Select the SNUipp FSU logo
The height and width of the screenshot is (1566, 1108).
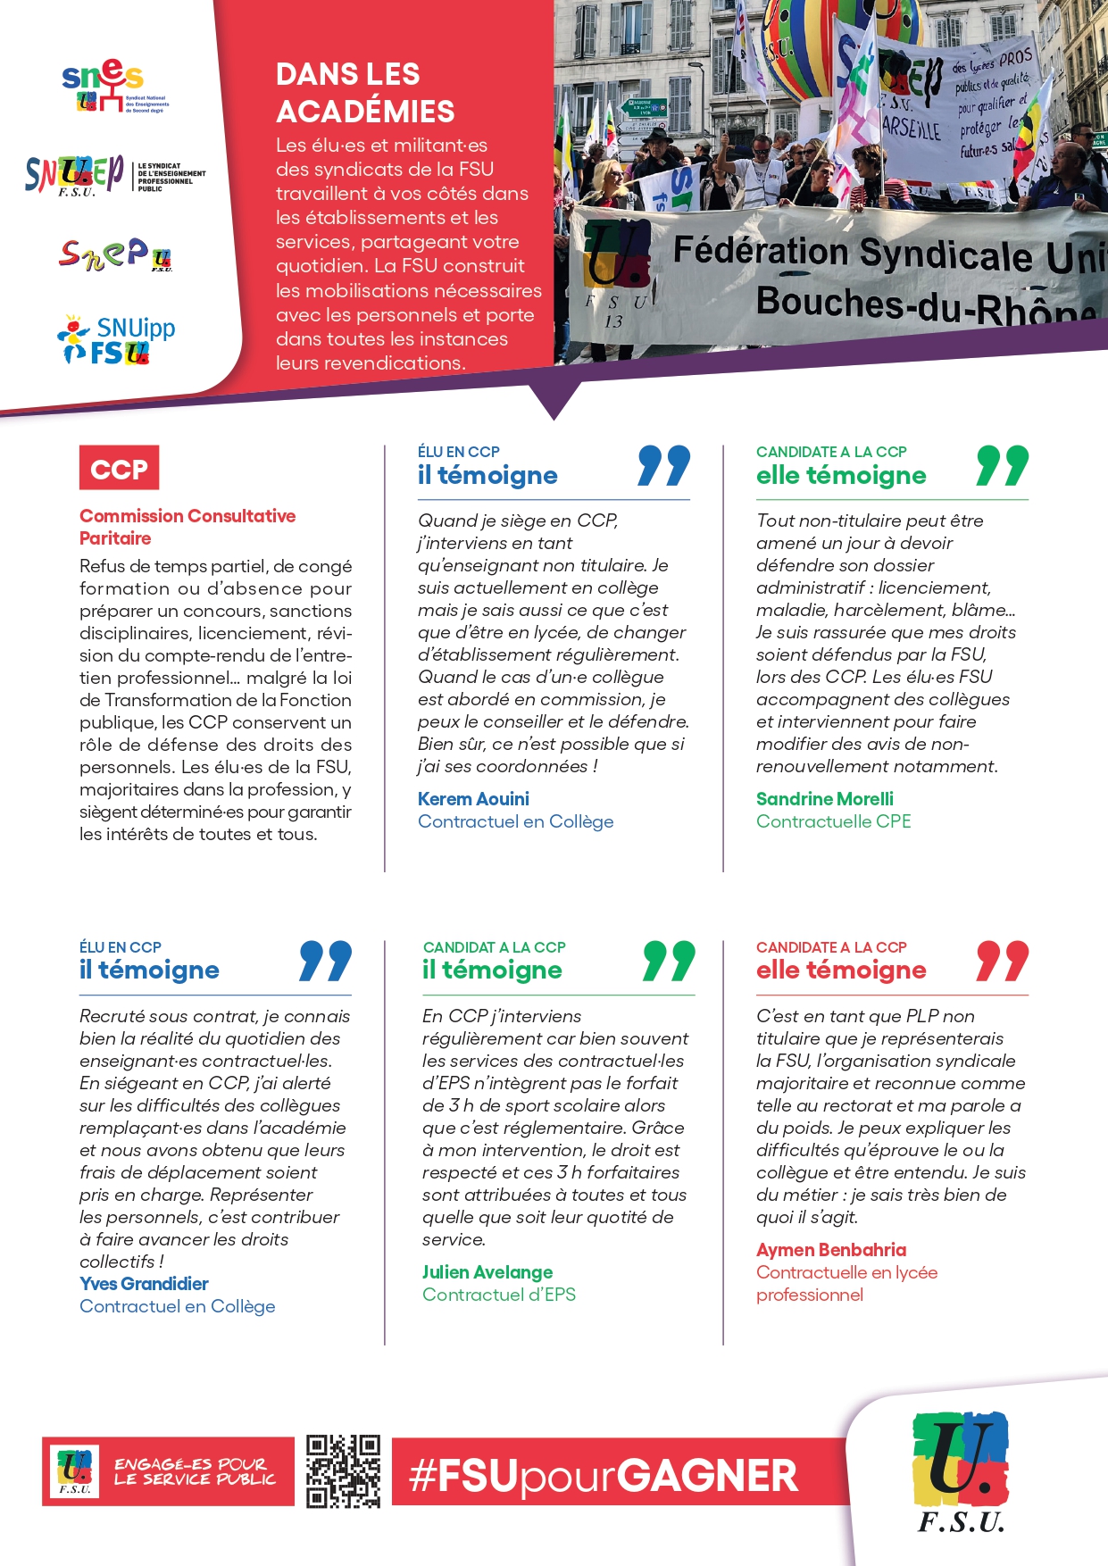click(116, 340)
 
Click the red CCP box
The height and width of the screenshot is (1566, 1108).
click(119, 468)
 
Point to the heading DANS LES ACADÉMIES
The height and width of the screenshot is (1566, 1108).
click(365, 93)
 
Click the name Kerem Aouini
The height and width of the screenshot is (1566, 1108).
click(473, 799)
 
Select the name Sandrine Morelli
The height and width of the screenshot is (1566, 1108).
click(824, 799)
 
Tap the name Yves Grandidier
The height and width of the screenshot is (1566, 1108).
click(144, 1284)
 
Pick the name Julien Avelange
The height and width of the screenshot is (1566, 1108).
click(487, 1272)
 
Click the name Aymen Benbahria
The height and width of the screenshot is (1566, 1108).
click(831, 1250)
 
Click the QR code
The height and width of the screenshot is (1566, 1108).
click(343, 1471)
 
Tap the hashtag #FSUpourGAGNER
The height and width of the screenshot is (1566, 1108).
click(604, 1476)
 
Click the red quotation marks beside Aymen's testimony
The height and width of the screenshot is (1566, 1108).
click(1002, 962)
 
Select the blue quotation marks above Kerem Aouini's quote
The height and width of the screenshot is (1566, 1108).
click(663, 466)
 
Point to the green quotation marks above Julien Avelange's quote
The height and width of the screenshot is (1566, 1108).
click(668, 962)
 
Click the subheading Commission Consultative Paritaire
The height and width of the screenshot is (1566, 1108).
click(187, 527)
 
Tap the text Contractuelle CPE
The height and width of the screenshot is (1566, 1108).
click(833, 821)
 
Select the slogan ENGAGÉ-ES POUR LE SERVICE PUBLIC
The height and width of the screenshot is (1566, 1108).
click(195, 1471)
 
